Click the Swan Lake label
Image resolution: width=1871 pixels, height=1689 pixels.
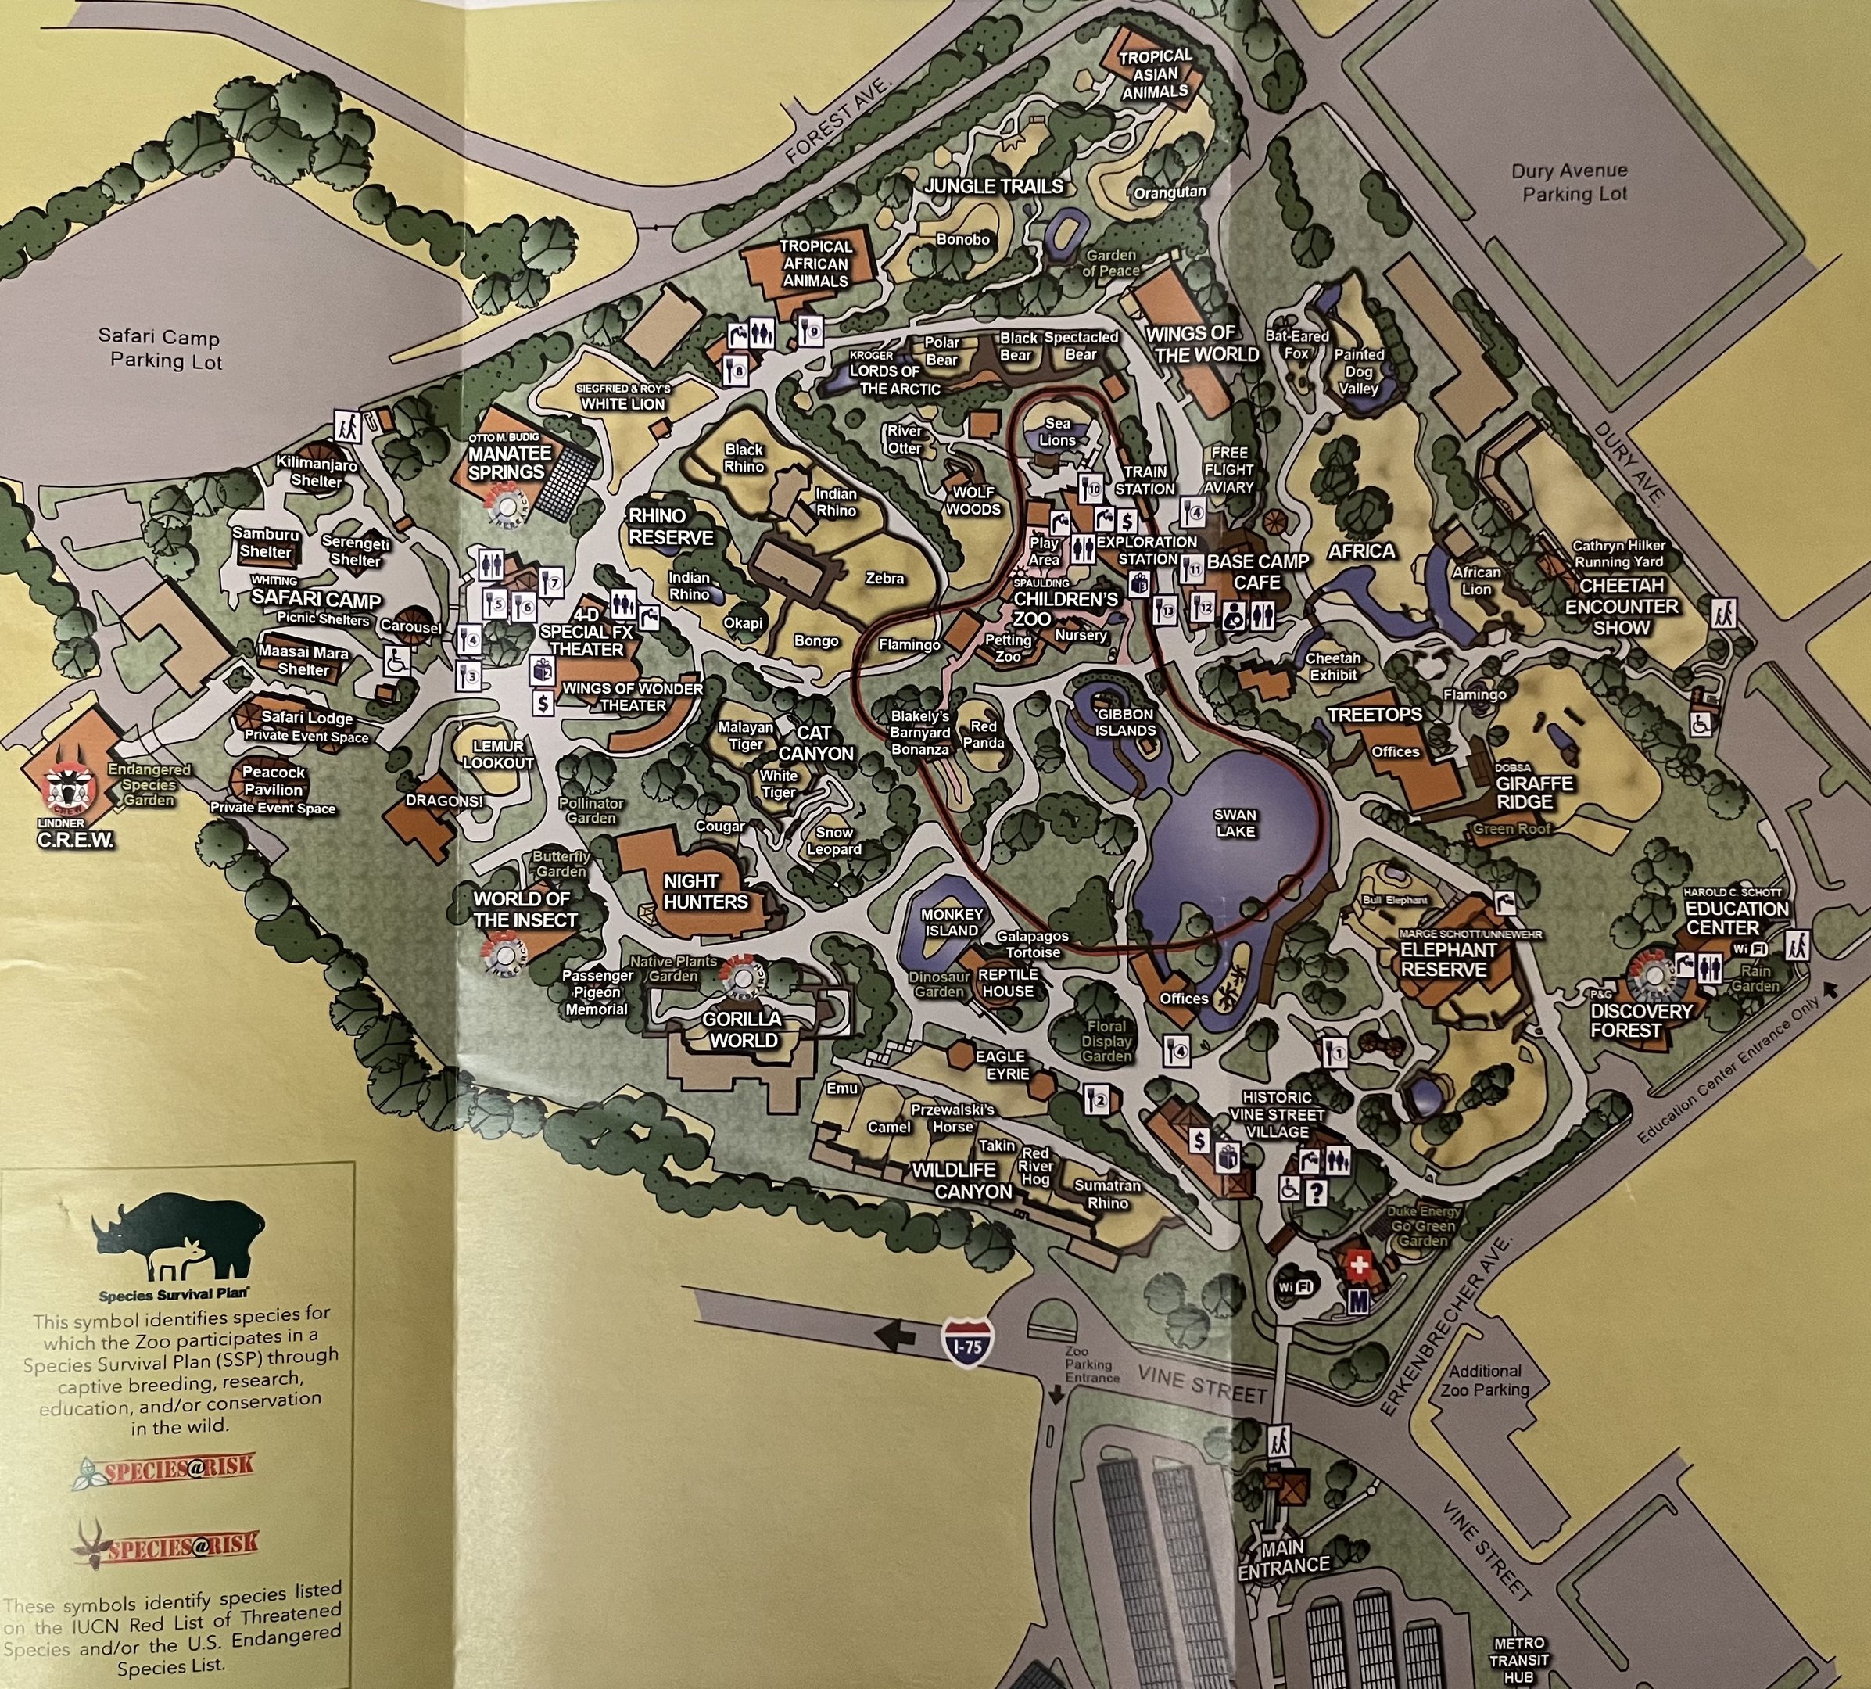1235,823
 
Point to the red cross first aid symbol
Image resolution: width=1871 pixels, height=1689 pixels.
1358,1265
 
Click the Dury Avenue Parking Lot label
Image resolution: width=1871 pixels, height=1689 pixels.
1568,183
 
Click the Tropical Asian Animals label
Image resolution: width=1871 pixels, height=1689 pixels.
1155,74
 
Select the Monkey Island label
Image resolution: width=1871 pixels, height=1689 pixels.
952,922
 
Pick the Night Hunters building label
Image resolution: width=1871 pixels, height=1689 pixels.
705,891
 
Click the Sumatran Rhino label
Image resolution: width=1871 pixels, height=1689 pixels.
1107,1194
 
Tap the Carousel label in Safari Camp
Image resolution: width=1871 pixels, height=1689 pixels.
411,627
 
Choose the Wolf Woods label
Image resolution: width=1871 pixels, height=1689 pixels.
973,500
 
